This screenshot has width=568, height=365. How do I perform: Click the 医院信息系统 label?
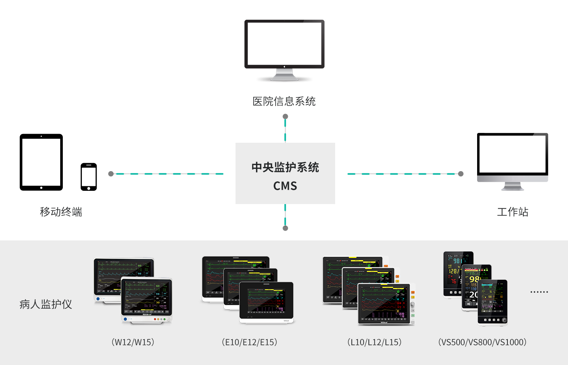pos(284,101)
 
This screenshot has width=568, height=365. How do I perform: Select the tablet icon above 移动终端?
pos(41,162)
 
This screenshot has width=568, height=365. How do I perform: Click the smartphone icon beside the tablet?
pos(89,177)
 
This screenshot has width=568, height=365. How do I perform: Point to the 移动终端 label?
pos(61,212)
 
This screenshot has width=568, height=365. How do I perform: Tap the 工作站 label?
pos(512,212)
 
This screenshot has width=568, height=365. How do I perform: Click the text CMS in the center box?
pos(285,186)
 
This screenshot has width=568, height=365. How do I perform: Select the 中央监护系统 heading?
pos(285,167)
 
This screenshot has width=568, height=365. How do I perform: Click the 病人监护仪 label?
pos(45,304)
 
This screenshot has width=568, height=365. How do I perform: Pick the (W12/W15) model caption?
pos(133,342)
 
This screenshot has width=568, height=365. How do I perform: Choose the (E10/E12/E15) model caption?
pos(249,342)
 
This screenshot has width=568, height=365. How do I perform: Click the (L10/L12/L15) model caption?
pos(374,342)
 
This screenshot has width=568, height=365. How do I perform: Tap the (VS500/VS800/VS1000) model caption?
pos(482,342)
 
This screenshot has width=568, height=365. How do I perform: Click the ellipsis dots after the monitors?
pos(539,292)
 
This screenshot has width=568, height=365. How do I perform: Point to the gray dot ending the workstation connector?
pos(461,174)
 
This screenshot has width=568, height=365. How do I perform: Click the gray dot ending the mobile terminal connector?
pos(111,174)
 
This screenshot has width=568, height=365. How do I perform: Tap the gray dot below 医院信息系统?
pos(285,117)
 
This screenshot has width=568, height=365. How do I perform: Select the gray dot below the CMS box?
pos(285,228)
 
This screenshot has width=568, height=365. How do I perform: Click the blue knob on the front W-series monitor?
pos(126,319)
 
